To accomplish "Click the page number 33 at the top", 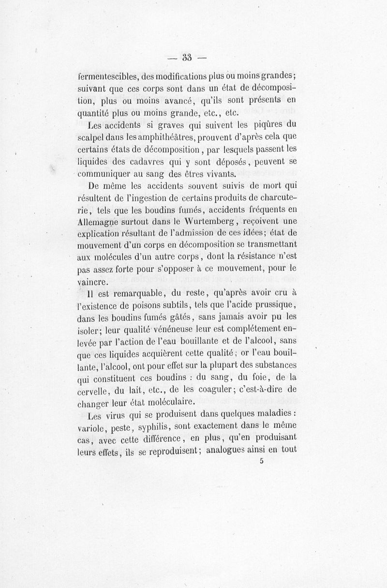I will [187, 57].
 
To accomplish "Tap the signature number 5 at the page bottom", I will [261, 462].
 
